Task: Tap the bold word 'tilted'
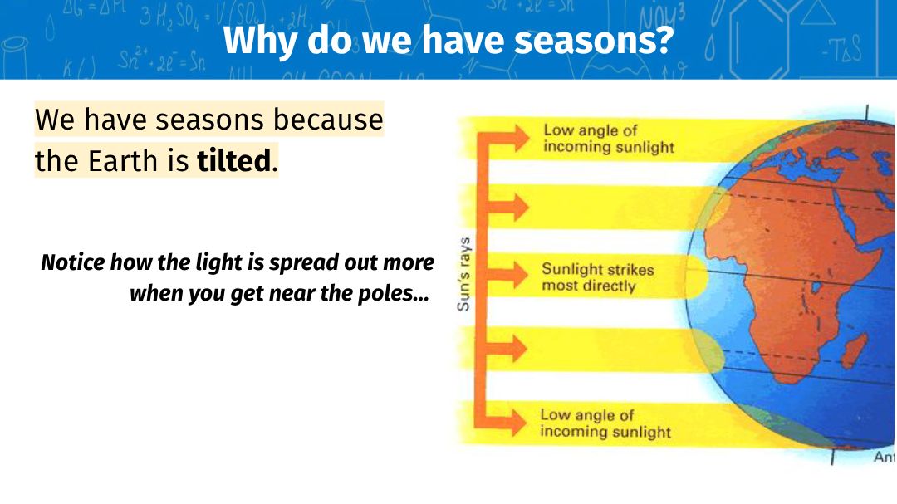pos(233,161)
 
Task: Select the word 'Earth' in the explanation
pos(122,161)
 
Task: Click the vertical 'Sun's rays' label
pos(464,274)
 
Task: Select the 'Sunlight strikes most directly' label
pos(597,277)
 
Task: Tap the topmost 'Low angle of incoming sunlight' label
pos(609,139)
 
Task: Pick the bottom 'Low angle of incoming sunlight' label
pos(605,423)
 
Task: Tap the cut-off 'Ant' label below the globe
pos(885,458)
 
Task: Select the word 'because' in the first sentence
pos(328,120)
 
